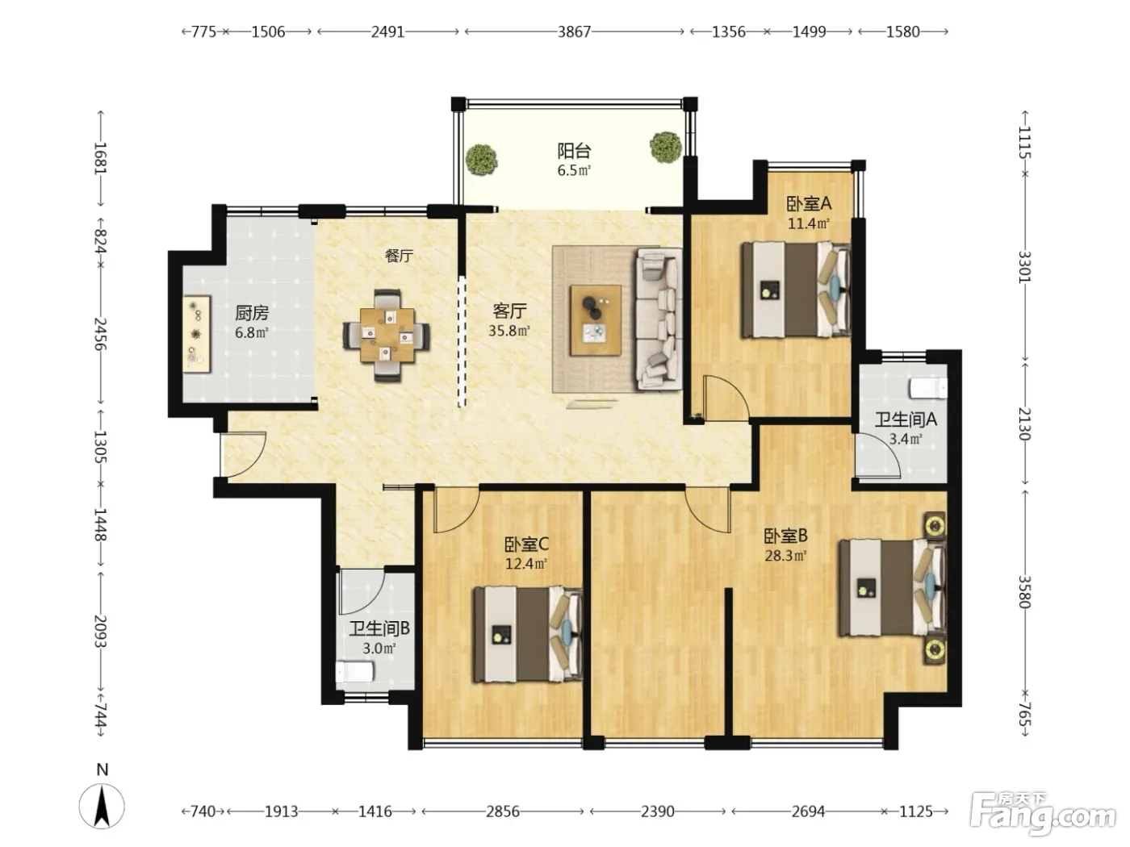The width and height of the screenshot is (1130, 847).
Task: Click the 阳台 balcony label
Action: point(574,151)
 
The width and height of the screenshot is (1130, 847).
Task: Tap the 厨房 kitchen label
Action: point(252,313)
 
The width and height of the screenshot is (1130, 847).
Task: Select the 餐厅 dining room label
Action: point(399,256)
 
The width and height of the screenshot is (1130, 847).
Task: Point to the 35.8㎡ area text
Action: point(508,331)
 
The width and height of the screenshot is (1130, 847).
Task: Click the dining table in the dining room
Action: point(387,336)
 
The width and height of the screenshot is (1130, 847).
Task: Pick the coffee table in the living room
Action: point(596,320)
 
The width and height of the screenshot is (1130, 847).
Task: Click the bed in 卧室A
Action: point(795,290)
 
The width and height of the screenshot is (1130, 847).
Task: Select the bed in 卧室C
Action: point(528,634)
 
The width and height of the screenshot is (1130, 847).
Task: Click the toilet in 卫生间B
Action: point(354,673)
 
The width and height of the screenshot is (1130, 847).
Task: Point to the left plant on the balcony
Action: point(481,160)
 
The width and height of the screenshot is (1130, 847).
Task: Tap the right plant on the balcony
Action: point(665,147)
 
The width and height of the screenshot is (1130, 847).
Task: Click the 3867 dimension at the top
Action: point(574,32)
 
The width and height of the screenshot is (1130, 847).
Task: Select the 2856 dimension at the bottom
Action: point(503,812)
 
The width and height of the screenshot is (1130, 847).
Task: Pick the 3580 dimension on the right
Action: point(1024,592)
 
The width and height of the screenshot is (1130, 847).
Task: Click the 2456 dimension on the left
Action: point(100,334)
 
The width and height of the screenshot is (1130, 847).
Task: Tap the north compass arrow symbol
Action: point(102,806)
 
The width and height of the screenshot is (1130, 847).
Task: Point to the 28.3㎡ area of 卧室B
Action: point(785,556)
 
